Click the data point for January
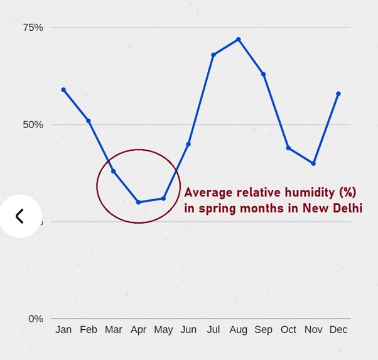click(63, 90)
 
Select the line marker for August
click(239, 40)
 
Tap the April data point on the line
click(138, 202)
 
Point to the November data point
click(313, 163)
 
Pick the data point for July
click(213, 55)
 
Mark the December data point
click(338, 94)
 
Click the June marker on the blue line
click(188, 145)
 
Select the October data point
click(288, 148)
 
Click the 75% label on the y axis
click(33, 28)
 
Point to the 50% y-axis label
click(33, 124)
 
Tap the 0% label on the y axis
click(36, 319)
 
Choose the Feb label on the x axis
click(89, 330)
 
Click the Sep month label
click(264, 330)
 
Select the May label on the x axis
click(163, 330)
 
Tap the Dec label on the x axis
click(338, 330)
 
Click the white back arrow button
click(20, 216)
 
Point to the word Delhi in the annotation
click(347, 208)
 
